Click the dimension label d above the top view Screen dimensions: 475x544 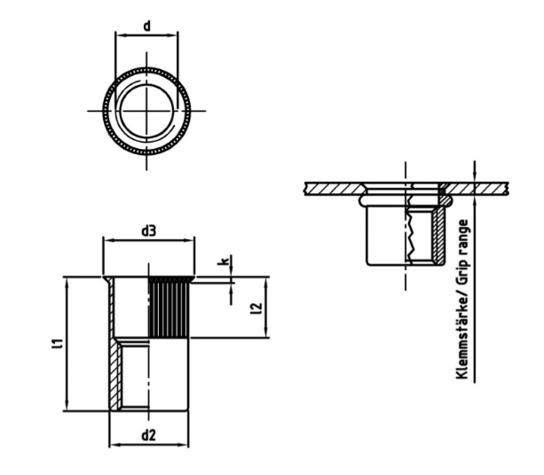click(x=146, y=27)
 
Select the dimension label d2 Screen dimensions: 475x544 click(x=149, y=434)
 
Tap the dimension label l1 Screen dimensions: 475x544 click(x=57, y=343)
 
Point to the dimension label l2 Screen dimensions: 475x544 click(x=256, y=308)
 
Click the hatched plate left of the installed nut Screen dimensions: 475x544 click(x=333, y=187)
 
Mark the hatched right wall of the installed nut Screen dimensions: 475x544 click(x=437, y=235)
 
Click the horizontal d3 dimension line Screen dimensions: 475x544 click(x=149, y=240)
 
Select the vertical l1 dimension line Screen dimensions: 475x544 click(x=67, y=343)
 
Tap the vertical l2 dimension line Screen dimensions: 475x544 click(x=266, y=308)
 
